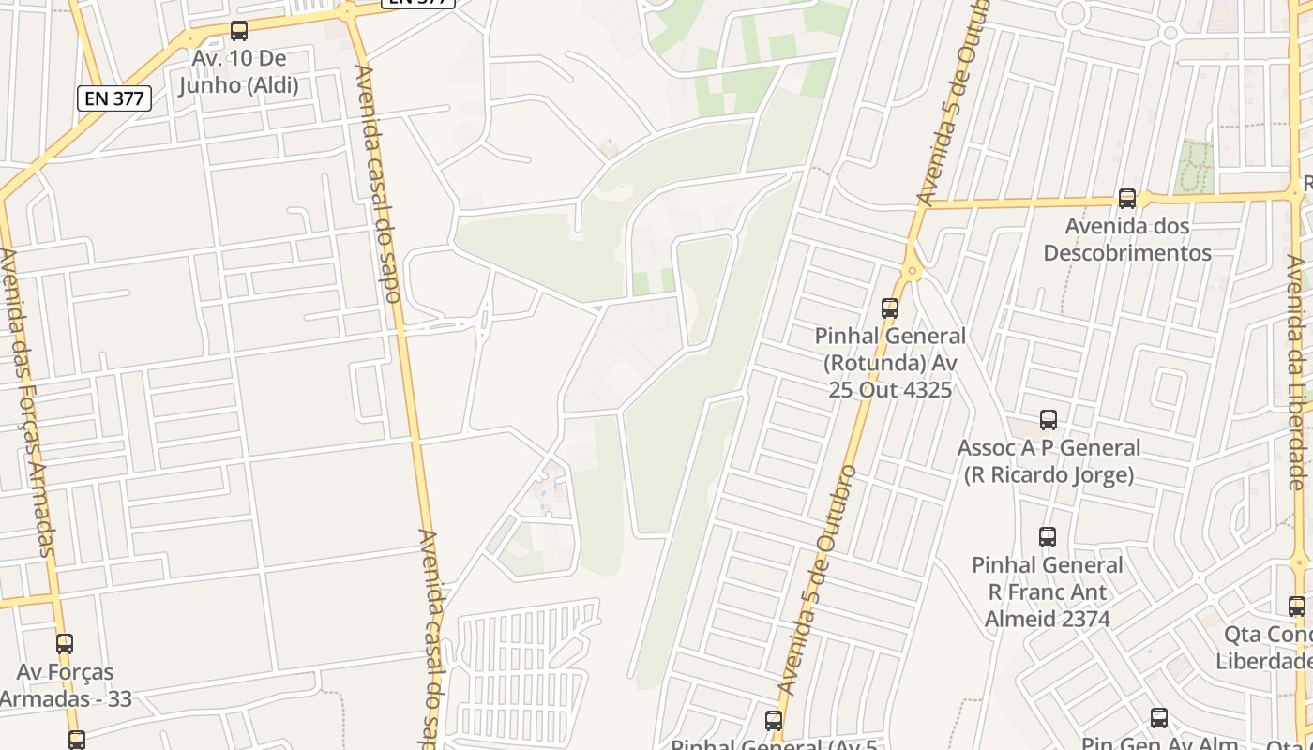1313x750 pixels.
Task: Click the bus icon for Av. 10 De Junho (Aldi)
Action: tap(239, 31)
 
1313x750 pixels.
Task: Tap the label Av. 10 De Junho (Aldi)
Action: tap(238, 72)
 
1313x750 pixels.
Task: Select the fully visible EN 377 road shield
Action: tap(113, 97)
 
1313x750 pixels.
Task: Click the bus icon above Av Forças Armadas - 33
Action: tap(65, 644)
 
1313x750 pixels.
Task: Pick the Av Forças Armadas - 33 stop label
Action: tap(66, 685)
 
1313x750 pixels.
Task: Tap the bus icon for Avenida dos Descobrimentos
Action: tap(1127, 199)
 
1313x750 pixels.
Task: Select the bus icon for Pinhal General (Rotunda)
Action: tap(889, 307)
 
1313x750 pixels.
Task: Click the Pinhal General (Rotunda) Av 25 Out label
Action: tap(889, 362)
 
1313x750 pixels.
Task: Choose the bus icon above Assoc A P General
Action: tap(1049, 420)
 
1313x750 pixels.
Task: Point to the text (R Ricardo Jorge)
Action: tap(1049, 475)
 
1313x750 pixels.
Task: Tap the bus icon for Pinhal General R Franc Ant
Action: tap(1048, 537)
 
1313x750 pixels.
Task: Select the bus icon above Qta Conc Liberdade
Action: tap(1297, 607)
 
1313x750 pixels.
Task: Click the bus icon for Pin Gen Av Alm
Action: tap(1159, 718)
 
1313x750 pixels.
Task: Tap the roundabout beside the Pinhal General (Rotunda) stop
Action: tap(911, 272)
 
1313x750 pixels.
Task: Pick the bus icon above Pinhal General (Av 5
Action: tap(774, 720)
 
